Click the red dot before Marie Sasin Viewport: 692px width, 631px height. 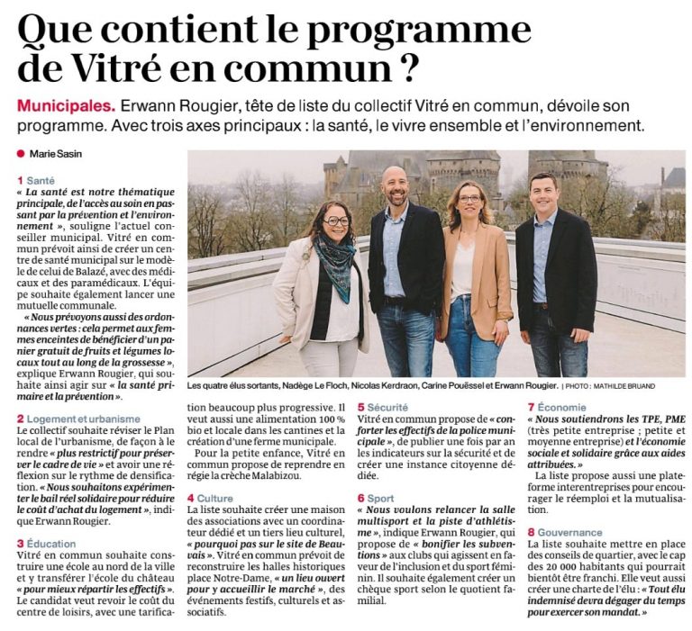(x=21, y=154)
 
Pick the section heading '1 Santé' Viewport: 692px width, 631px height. (x=36, y=181)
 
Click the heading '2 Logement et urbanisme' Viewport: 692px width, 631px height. (x=78, y=419)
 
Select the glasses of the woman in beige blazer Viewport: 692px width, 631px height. (x=469, y=198)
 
